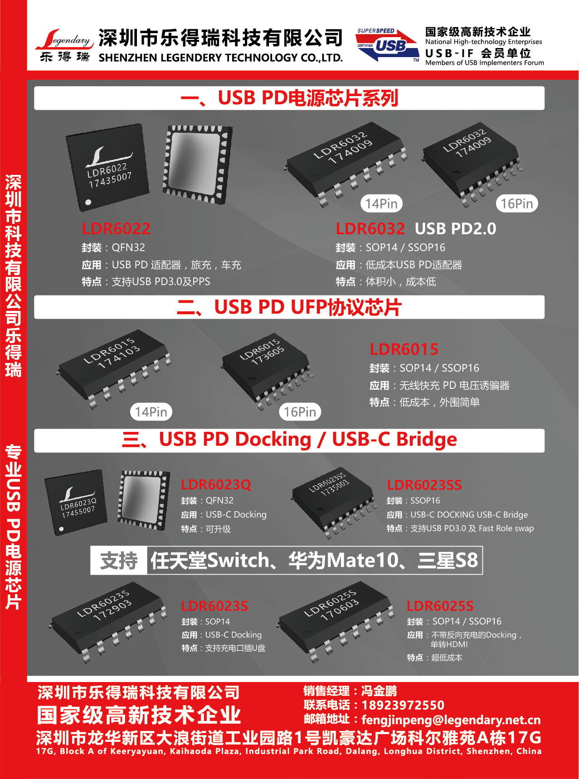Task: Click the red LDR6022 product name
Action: [x=116, y=229]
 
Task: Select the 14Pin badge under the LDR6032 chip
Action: [x=381, y=204]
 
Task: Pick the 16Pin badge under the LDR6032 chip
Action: [x=517, y=204]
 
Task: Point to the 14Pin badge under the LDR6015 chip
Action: [x=151, y=412]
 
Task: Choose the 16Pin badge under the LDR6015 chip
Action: [x=300, y=412]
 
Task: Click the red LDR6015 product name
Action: [x=404, y=349]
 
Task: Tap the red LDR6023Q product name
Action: [x=216, y=484]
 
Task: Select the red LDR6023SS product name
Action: [x=424, y=485]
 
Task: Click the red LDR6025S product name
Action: [x=440, y=606]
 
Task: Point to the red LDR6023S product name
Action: [x=214, y=606]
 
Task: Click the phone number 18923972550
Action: [x=403, y=705]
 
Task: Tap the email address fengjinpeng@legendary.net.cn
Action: [x=451, y=720]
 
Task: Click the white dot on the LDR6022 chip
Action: [x=88, y=202]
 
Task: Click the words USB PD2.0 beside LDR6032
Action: [x=456, y=229]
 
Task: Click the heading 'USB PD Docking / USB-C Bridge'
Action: [x=308, y=440]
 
